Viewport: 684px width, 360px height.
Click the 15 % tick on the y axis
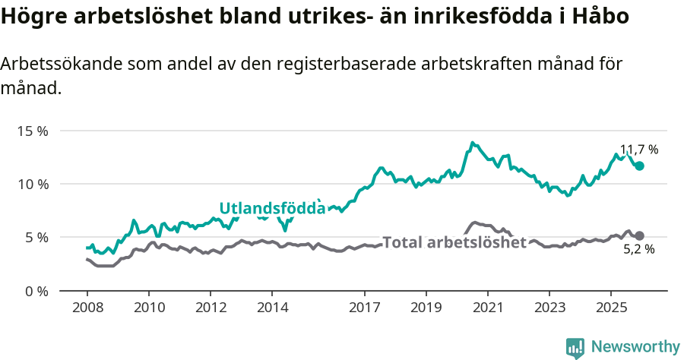click(32, 131)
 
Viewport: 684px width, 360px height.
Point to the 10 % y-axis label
click(32, 184)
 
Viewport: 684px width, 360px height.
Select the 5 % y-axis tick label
click(36, 237)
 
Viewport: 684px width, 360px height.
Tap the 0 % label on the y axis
click(36, 291)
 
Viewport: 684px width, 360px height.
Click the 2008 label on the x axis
click(87, 308)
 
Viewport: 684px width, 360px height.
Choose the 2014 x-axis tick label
click(272, 308)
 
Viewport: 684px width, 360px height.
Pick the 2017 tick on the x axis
click(364, 308)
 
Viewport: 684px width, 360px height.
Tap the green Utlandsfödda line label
click(272, 208)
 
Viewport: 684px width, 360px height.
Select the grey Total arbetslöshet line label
click(454, 242)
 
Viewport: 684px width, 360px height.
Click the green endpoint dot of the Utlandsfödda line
click(639, 166)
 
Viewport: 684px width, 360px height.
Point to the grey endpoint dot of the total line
click(639, 235)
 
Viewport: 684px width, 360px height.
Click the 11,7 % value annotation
click(638, 150)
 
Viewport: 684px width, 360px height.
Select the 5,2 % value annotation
click(638, 249)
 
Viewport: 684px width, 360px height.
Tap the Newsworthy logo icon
click(575, 347)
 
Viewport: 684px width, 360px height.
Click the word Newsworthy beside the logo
click(635, 347)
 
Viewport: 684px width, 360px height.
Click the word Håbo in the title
click(603, 16)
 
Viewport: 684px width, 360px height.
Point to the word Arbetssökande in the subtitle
click(58, 64)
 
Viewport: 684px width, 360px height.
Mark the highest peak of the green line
click(472, 142)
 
